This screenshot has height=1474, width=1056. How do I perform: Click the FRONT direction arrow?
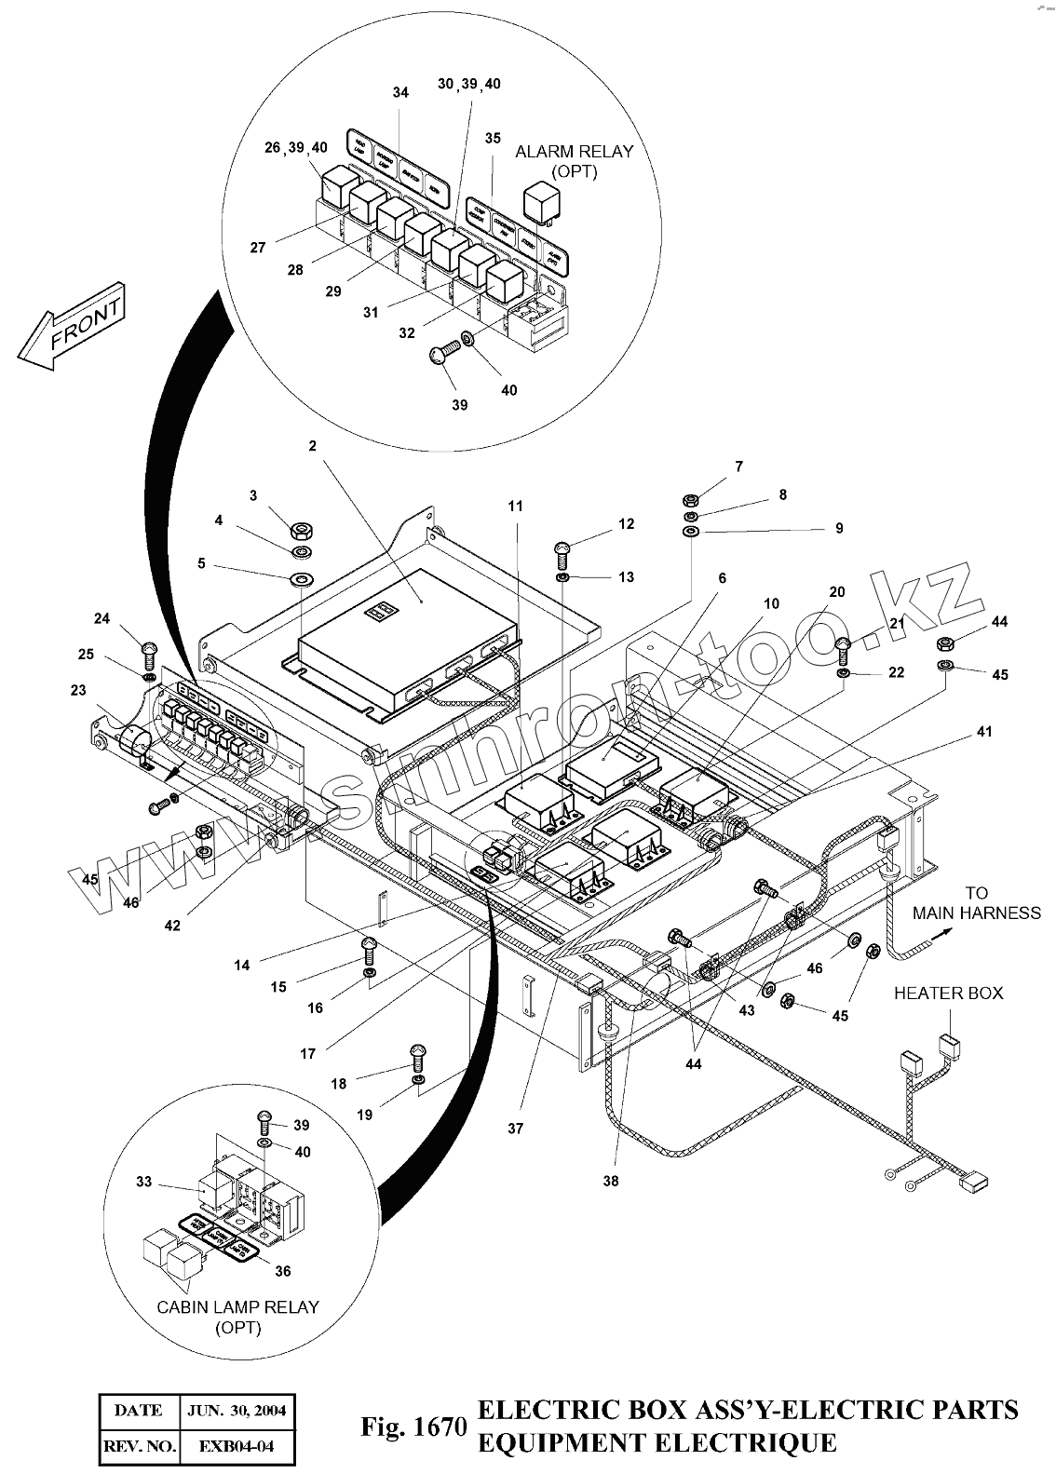tap(71, 328)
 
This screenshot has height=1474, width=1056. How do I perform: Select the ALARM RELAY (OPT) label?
tap(574, 161)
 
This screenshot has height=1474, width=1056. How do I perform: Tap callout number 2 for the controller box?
tap(313, 446)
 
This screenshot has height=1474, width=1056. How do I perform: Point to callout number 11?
tap(515, 506)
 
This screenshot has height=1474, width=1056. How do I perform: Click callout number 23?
tap(78, 691)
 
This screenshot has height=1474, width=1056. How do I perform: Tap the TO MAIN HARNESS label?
tap(976, 902)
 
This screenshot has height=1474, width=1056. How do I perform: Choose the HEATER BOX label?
tap(948, 993)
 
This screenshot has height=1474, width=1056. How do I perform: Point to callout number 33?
tap(143, 1182)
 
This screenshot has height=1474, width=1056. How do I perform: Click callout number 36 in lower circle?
tap(283, 1271)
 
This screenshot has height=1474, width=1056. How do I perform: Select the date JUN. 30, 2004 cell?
tap(237, 1410)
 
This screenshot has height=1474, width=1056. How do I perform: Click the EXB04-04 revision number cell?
tap(237, 1447)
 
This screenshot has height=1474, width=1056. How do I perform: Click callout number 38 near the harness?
tap(610, 1181)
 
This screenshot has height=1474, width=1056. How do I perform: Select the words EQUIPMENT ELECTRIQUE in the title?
tap(657, 1443)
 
